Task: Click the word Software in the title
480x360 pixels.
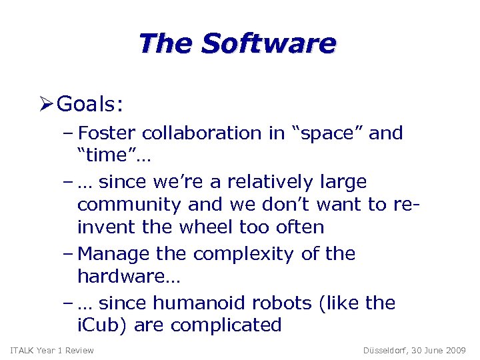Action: pos(269,44)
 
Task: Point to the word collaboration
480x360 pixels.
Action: pos(207,133)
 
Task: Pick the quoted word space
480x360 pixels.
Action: pos(325,133)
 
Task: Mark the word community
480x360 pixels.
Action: pos(127,205)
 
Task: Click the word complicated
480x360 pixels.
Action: pos(226,325)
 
